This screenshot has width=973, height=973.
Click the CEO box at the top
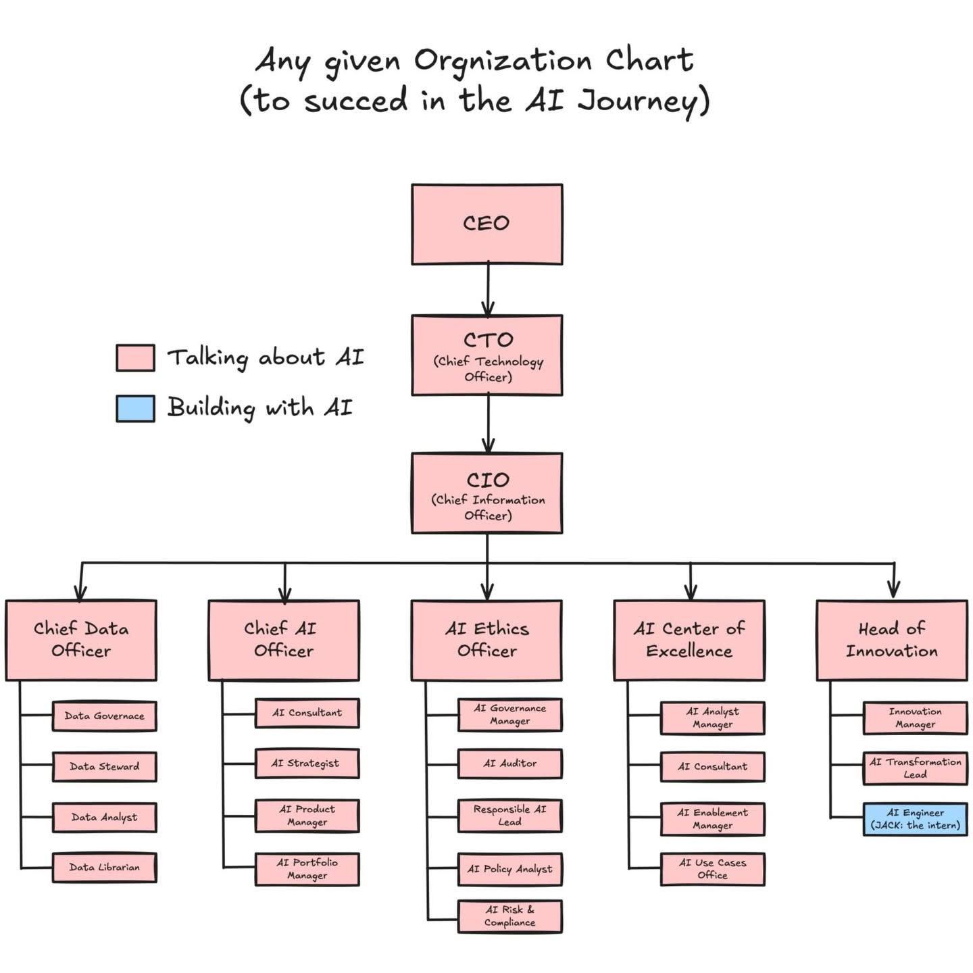pos(487,224)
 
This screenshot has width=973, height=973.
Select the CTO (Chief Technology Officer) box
pos(487,355)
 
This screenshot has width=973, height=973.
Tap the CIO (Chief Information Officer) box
pos(487,493)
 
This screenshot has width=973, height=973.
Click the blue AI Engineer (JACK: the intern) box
pos(915,819)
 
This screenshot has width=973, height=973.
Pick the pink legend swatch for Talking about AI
pos(135,357)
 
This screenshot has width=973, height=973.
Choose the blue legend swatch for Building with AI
pos(135,408)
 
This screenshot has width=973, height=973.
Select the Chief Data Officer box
pos(81,640)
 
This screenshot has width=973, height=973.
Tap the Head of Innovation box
pos(892,640)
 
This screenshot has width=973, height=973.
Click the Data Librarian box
pos(104,868)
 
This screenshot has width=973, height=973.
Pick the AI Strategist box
pos(307,764)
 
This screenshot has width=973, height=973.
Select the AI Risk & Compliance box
pos(509,916)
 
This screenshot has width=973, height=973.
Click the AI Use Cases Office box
pos(712,869)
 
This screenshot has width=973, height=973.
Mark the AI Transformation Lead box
pos(915,768)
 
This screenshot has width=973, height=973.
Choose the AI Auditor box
pos(509,764)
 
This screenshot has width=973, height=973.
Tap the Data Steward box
pos(104,767)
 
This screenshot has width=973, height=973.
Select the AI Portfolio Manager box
pos(307,869)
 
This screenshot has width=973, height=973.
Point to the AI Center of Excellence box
pos(689,640)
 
